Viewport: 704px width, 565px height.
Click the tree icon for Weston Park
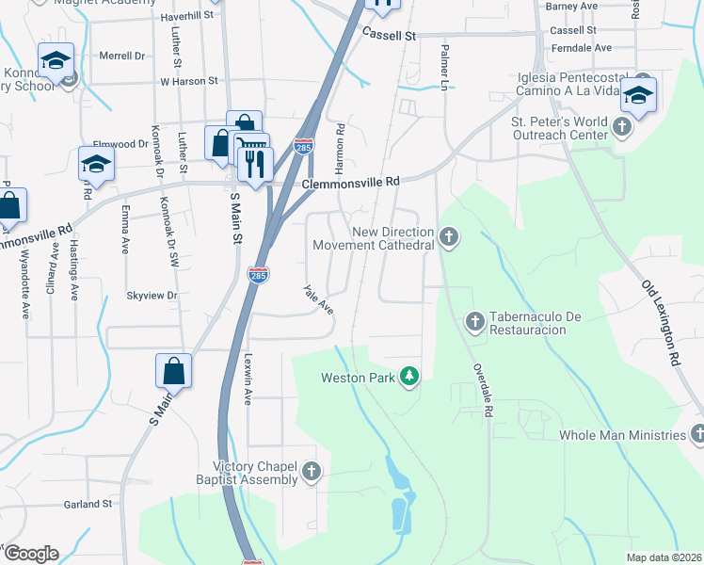(409, 378)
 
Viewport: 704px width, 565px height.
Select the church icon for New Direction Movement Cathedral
(450, 236)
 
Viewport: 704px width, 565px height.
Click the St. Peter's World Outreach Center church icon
(623, 126)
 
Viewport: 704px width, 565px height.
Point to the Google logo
(30, 554)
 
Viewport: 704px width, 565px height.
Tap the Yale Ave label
(318, 299)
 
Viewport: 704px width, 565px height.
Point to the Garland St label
(88, 504)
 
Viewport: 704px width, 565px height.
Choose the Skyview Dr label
(152, 296)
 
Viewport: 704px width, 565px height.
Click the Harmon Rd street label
(341, 140)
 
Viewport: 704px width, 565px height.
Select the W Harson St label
(188, 82)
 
